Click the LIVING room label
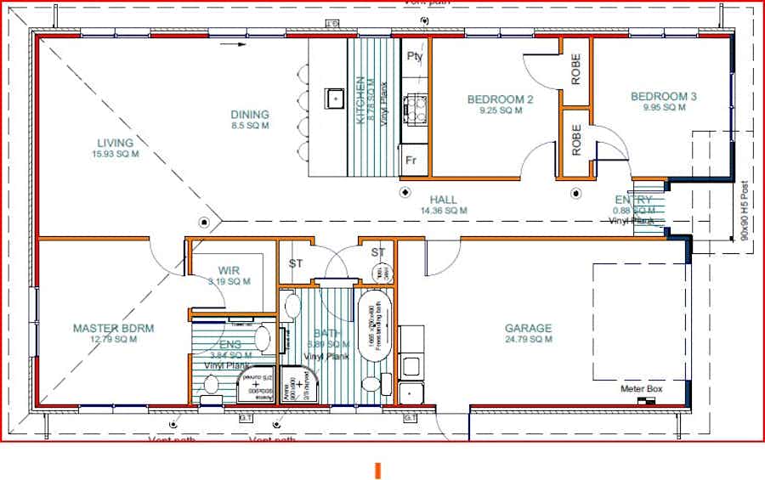coord(115,143)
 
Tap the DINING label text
coord(249,115)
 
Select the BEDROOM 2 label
coord(500,99)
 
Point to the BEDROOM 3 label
coord(663,97)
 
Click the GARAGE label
coord(528,328)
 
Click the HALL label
coord(443,200)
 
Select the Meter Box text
coord(640,388)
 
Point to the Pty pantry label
coord(415,57)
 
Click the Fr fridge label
coord(411,161)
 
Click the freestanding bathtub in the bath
coord(374,322)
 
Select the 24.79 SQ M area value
coord(528,339)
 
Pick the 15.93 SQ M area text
coord(115,155)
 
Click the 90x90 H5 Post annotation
coord(745,209)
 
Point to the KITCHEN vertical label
coord(360,100)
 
